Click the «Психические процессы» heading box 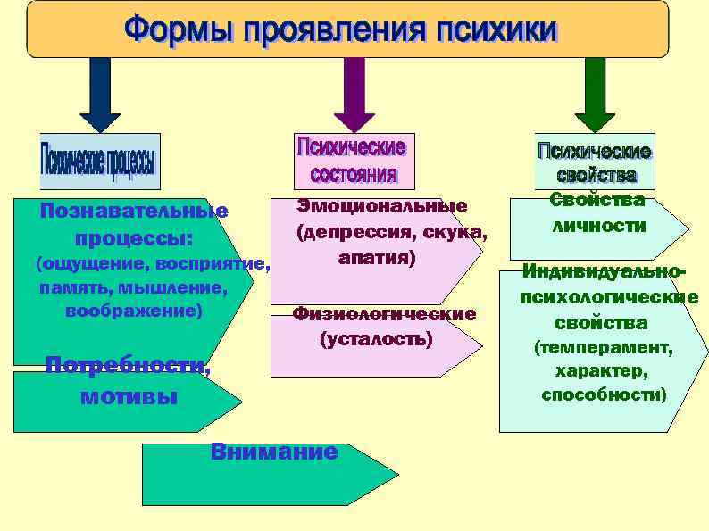100,162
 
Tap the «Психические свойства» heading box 593,161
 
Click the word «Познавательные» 134,212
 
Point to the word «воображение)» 134,311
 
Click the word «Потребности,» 128,365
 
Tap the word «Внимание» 274,452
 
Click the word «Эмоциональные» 382,206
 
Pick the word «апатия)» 377,258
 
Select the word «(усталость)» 376,339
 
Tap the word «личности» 598,226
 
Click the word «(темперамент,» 603,347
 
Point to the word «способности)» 604,394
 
